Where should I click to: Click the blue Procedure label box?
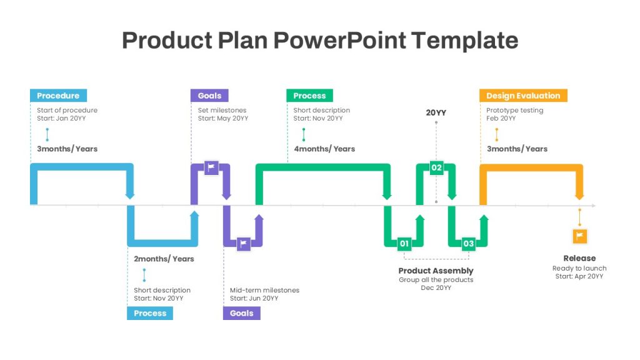[x=58, y=96]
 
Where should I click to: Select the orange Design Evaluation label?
[x=523, y=96]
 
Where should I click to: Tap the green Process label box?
[x=309, y=96]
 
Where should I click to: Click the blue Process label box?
[x=150, y=313]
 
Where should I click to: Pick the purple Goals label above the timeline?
[x=209, y=96]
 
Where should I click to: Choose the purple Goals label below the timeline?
[x=242, y=313]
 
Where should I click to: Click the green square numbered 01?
[x=404, y=244]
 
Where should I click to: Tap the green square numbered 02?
[x=436, y=167]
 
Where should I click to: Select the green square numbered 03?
[x=469, y=244]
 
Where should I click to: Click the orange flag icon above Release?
[x=579, y=236]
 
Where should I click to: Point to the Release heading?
[x=579, y=258]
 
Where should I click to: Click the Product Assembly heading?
[x=436, y=271]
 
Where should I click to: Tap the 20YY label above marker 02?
[x=436, y=112]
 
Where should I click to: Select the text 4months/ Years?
[x=324, y=149]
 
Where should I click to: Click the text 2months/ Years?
[x=164, y=259]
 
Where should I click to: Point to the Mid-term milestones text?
[x=264, y=290]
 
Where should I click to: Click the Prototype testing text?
[x=515, y=110]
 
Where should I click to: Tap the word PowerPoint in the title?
[x=339, y=40]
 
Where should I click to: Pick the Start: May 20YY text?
[x=223, y=118]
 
